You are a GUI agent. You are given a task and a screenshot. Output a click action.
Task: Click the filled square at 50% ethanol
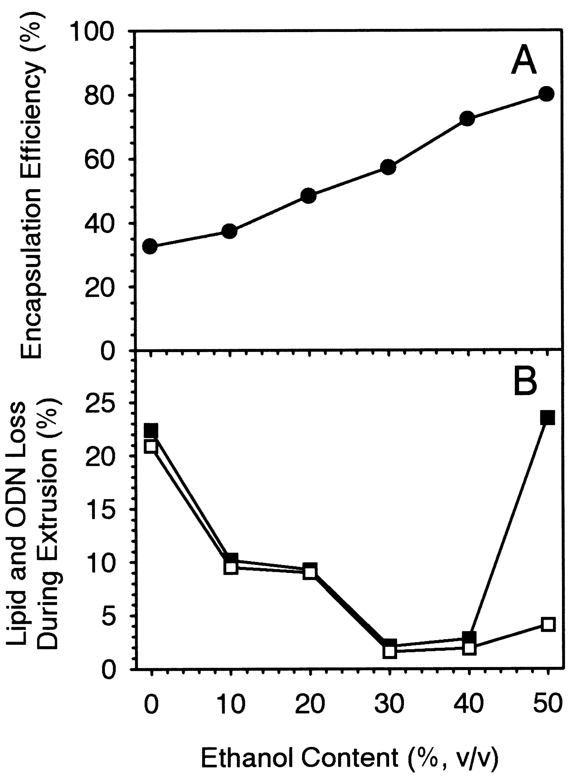click(x=547, y=417)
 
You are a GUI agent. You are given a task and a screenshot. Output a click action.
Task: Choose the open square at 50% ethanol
click(x=548, y=624)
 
